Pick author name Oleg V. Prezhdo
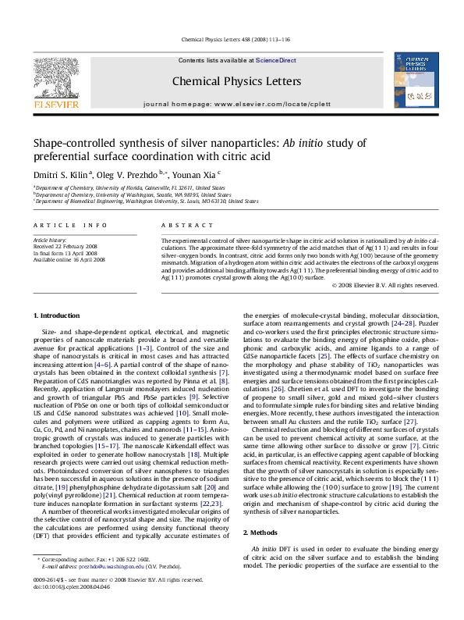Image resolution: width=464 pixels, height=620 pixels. coord(125,174)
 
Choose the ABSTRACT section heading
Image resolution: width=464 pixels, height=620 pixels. coord(176,224)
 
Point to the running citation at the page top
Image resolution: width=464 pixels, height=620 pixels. coord(232,39)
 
